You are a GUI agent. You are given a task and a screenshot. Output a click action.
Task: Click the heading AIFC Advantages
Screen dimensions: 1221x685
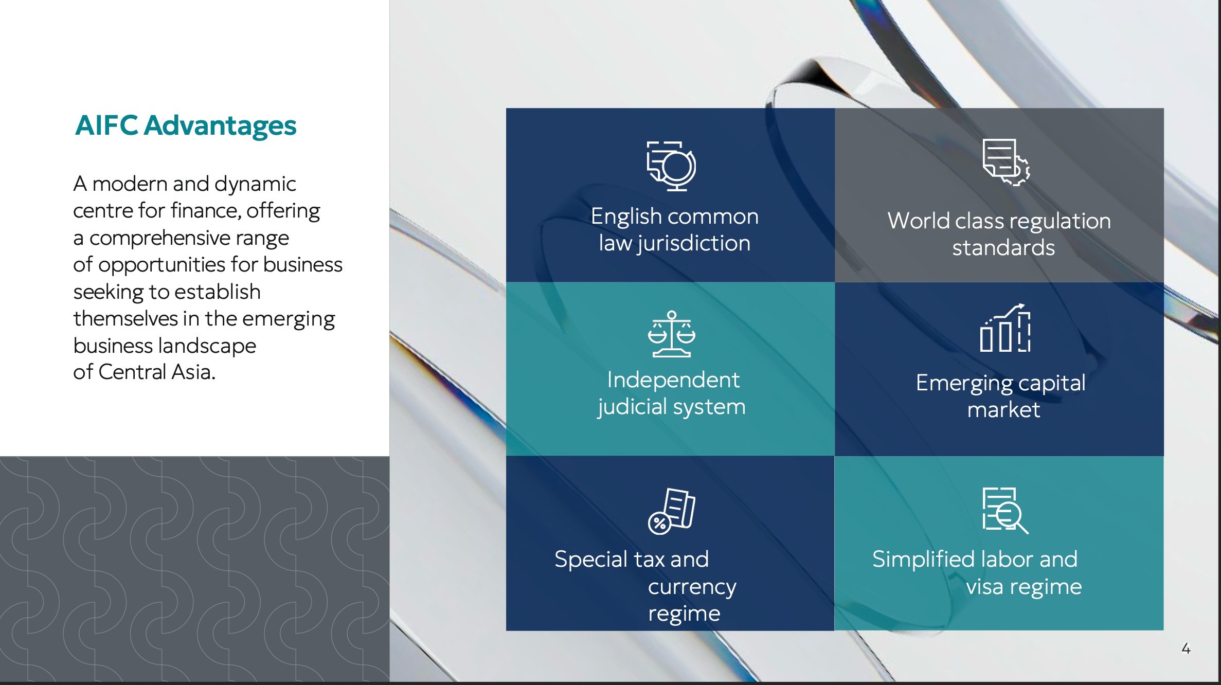coord(186,125)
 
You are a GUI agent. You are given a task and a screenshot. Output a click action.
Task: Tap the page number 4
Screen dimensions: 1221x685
coord(1186,648)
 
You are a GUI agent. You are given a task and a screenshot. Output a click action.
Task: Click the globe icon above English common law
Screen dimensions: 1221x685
coord(672,166)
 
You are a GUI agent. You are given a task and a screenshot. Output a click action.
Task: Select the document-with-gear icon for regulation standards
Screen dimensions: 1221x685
coord(1006,162)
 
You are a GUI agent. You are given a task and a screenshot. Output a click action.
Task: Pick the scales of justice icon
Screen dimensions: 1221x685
coord(672,334)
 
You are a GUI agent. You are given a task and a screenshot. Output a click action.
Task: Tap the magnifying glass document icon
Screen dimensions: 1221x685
coord(1005,511)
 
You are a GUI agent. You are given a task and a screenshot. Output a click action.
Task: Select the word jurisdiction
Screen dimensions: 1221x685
coord(694,244)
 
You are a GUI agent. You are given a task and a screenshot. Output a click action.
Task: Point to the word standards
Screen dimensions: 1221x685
coord(1003,248)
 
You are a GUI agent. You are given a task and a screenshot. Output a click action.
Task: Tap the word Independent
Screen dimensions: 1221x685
coord(673,380)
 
